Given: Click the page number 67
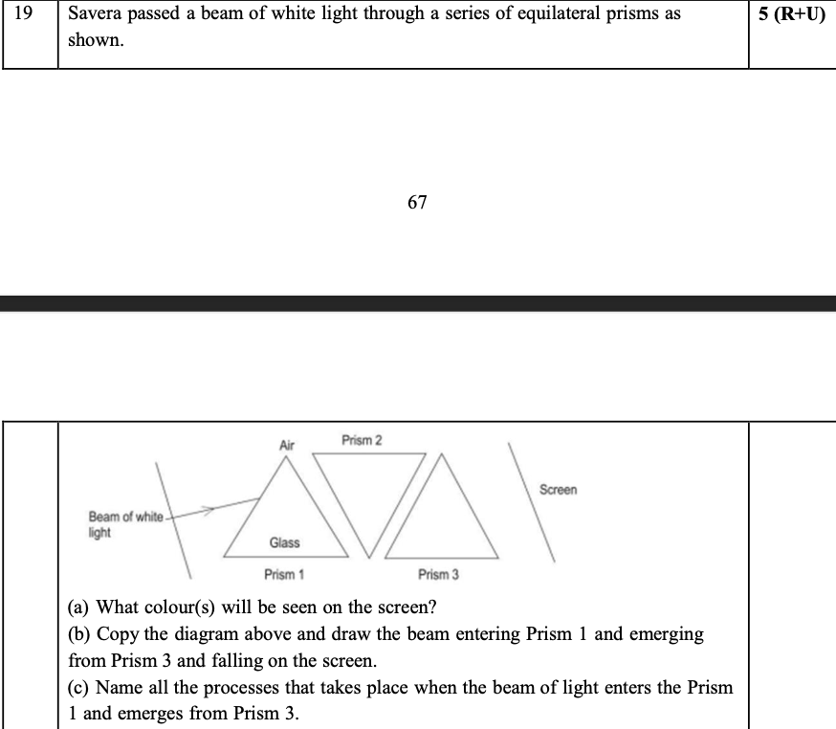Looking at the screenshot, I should pyautogui.click(x=417, y=202).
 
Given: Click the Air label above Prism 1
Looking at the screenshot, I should pyautogui.click(x=287, y=445).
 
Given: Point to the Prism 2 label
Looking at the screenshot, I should pyautogui.click(x=361, y=440).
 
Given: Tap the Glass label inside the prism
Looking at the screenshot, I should pyautogui.click(x=284, y=542).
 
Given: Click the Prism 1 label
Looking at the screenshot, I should pyautogui.click(x=284, y=574).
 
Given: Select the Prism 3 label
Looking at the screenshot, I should pyautogui.click(x=438, y=574).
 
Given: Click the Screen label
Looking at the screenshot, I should pyautogui.click(x=558, y=490).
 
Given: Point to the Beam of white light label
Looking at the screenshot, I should pyautogui.click(x=124, y=524).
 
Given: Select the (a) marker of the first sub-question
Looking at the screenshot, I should pyautogui.click(x=80, y=607).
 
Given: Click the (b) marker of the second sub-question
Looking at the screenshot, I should pyautogui.click(x=80, y=633).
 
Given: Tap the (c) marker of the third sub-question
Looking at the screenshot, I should pyautogui.click(x=80, y=688).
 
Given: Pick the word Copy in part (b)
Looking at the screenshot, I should pyautogui.click(x=116, y=633).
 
